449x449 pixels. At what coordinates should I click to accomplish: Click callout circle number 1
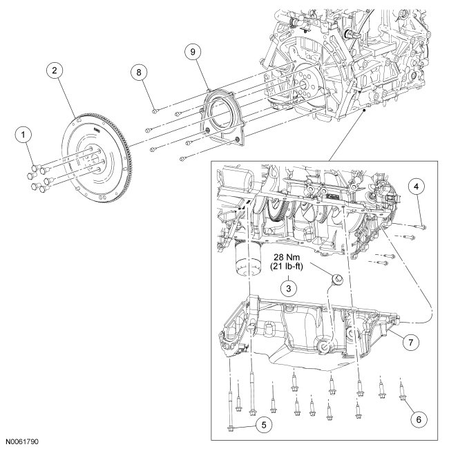tap(26, 132)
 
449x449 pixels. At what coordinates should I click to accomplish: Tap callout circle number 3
tap(284, 285)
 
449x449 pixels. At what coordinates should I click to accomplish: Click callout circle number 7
tap(410, 342)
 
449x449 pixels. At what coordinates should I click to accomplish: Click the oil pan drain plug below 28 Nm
tap(338, 279)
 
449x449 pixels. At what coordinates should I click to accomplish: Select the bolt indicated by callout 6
tap(402, 396)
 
